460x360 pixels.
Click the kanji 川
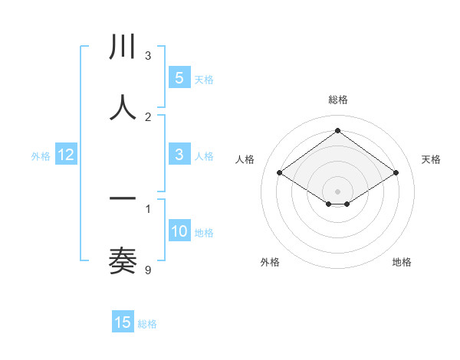123,47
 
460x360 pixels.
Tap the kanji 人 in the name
123,108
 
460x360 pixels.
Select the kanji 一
123,200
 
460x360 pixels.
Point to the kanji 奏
123,261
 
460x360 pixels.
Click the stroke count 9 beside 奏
148,270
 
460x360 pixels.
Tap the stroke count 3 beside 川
148,55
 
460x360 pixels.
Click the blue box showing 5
179,78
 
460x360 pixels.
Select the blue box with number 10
179,231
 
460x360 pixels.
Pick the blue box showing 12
66,155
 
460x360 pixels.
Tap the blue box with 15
123,322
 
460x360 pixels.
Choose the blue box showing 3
179,155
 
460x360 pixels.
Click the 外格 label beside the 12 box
41,156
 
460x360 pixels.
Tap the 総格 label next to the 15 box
147,324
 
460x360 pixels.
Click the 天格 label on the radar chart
431,159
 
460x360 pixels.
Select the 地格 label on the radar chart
402,262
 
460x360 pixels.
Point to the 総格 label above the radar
337,100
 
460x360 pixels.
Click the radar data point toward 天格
396,173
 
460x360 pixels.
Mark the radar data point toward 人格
280,173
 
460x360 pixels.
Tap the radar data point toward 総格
337,130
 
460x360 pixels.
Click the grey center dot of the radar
337,191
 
